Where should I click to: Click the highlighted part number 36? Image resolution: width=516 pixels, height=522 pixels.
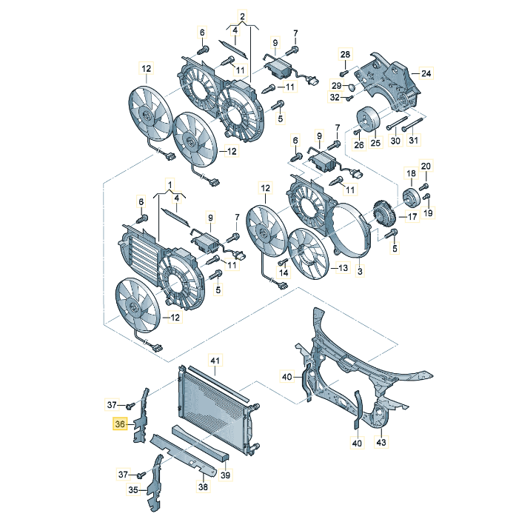point(119,424)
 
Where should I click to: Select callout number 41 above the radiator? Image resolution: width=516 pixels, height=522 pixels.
point(215,361)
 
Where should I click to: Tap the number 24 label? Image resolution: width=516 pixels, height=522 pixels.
point(426,73)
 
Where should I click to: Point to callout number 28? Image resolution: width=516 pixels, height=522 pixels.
point(344,55)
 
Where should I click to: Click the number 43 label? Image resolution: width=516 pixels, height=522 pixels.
point(381,443)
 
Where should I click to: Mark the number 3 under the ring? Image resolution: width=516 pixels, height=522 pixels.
point(360,273)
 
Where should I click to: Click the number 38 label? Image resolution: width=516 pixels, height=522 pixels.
point(204,486)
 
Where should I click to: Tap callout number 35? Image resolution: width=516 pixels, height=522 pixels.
point(133,489)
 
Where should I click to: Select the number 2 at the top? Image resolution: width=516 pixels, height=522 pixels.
point(241,16)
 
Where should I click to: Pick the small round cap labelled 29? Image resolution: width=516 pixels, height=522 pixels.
point(353,86)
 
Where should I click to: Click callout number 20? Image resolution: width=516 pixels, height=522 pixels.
point(425,165)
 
